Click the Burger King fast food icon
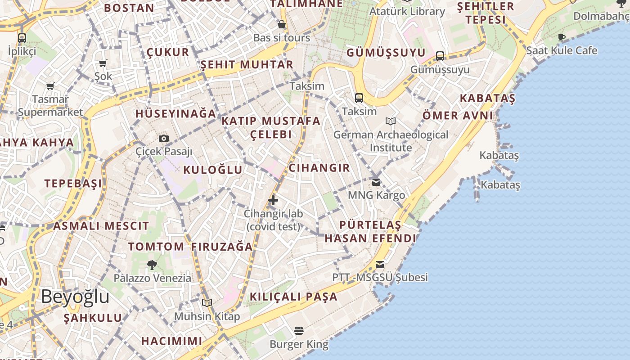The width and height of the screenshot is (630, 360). tap(298, 331)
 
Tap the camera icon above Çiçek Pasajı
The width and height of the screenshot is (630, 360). tap(164, 138)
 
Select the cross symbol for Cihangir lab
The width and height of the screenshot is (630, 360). tap(273, 200)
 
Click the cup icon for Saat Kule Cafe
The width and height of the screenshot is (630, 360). tap(562, 37)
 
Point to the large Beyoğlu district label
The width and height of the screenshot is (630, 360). tap(75, 297)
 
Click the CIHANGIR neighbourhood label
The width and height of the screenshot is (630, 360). tap(319, 168)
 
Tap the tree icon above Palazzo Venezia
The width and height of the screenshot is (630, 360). tap(152, 265)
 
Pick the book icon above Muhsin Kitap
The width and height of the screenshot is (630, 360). tap(207, 303)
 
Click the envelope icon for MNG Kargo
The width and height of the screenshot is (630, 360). tap(376, 182)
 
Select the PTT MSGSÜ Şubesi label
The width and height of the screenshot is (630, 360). tap(380, 277)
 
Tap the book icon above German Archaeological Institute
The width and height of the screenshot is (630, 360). tap(391, 121)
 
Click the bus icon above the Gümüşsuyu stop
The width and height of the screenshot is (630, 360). tap(440, 56)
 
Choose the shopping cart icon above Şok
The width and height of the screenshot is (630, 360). tap(103, 63)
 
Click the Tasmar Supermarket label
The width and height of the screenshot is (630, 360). tap(50, 106)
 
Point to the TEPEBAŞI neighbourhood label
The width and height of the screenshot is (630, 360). tap(73, 184)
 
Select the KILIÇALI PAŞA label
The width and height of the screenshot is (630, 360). tap(293, 297)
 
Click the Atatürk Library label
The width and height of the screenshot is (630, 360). tap(407, 11)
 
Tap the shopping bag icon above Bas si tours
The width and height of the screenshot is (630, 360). tap(282, 24)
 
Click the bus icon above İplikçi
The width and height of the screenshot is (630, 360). tap(22, 38)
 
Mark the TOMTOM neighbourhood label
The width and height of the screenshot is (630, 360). tap(156, 247)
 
